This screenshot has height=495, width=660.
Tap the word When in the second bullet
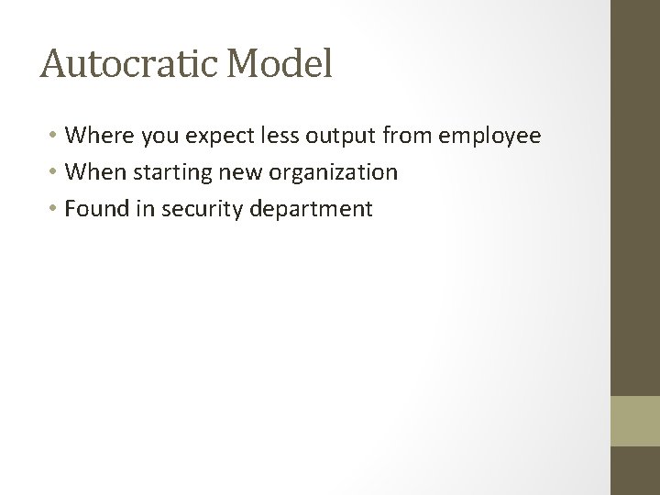[93, 172]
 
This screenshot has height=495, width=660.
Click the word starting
[158, 173]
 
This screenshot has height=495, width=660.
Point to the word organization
[317, 173]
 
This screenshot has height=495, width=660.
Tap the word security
[196, 210]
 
